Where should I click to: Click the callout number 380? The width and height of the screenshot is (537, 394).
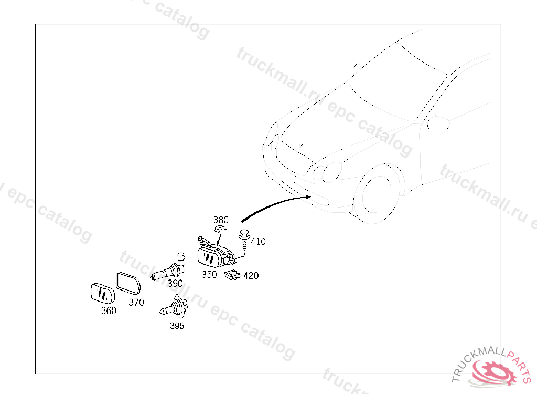[221, 220]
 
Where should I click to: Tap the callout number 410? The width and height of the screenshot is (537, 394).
[258, 242]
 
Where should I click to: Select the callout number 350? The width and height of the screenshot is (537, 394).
[209, 275]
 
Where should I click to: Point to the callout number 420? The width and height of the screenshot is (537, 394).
[251, 276]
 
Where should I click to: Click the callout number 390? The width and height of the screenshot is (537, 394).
[175, 284]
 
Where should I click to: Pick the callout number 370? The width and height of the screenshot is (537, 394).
[136, 303]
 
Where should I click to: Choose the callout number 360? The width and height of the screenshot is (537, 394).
[109, 310]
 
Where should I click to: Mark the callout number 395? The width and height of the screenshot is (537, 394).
[177, 326]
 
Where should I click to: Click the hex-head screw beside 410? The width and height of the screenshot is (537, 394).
[244, 239]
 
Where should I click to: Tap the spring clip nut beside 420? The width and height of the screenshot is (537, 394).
[232, 275]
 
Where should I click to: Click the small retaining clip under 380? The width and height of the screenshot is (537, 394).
[220, 229]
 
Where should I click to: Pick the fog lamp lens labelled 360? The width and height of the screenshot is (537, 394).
[103, 294]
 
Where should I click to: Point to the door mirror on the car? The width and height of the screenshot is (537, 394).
[438, 123]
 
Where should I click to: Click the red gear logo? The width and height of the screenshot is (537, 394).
[493, 371]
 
